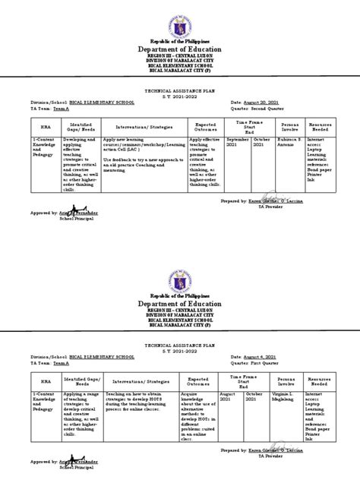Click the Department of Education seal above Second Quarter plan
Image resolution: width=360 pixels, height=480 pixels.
click(179, 18)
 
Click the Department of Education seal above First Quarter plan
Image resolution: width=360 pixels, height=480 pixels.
click(180, 266)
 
